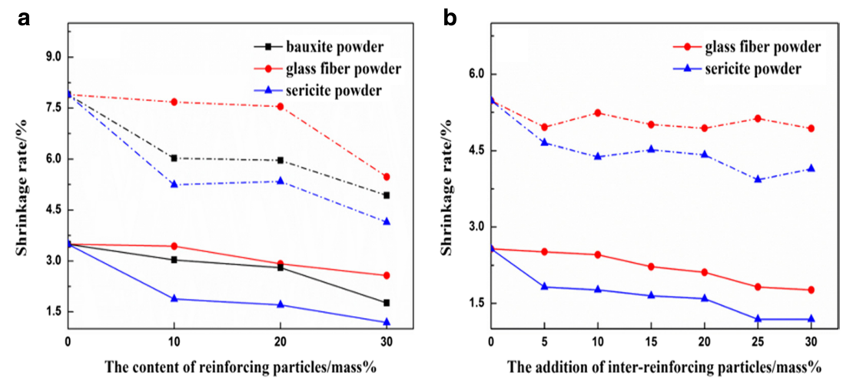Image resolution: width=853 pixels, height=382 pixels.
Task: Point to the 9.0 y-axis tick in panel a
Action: click(52, 58)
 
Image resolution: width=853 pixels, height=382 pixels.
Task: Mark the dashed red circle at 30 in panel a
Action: click(386, 177)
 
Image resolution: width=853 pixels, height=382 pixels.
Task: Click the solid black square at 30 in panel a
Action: click(386, 303)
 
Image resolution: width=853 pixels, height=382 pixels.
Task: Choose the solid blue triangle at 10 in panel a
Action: click(174, 298)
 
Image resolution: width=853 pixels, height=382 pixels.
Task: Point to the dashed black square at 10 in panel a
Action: click(174, 158)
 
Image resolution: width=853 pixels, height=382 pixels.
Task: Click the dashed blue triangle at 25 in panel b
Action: click(758, 179)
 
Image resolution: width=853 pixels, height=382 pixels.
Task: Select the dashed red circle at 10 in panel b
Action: click(597, 113)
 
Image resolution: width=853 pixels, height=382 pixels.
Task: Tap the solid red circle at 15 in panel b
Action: click(651, 267)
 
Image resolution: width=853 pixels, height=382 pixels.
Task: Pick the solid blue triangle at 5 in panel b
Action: click(544, 287)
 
